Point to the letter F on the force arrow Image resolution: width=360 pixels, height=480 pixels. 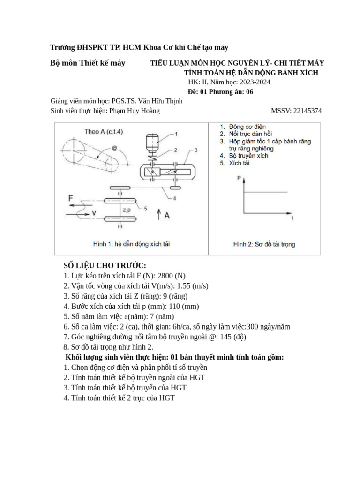click(x=71, y=198)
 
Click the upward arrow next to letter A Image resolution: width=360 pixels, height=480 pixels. click(x=159, y=215)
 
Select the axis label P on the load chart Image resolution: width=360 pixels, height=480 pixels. click(x=239, y=178)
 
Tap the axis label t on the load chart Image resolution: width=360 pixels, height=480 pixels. click(x=292, y=218)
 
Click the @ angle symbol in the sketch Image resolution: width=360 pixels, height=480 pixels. click(x=114, y=149)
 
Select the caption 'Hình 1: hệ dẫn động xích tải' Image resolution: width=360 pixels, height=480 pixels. click(x=131, y=244)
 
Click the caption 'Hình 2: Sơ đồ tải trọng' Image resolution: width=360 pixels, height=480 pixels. click(x=264, y=244)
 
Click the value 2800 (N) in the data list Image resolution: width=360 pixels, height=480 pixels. click(x=166, y=276)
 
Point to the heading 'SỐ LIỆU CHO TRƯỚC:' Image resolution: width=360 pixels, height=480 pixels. click(x=105, y=265)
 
